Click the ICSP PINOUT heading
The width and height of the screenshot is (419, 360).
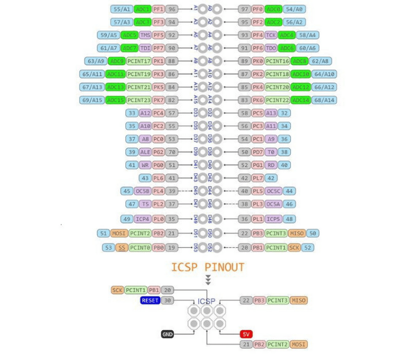[207, 267]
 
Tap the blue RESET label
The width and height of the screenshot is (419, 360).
[150, 300]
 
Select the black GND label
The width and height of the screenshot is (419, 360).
[168, 334]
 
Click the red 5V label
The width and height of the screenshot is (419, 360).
[246, 334]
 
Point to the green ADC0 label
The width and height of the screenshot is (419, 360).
[273, 9]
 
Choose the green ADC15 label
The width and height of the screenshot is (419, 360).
[115, 100]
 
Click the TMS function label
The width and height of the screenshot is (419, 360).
[145, 35]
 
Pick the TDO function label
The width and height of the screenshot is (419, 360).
[270, 48]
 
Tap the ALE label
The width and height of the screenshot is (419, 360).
[145, 152]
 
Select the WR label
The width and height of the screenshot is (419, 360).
[145, 165]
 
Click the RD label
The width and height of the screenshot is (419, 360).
[271, 165]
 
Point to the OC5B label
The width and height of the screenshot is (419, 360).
[142, 191]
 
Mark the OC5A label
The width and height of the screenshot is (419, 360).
[273, 204]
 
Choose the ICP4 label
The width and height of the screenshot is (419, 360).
[142, 219]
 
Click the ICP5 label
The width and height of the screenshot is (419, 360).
[273, 219]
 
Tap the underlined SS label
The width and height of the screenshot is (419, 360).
[122, 247]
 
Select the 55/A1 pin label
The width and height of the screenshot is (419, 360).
[122, 9]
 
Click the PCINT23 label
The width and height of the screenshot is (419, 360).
[138, 100]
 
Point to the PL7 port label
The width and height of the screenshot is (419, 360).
[258, 178]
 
